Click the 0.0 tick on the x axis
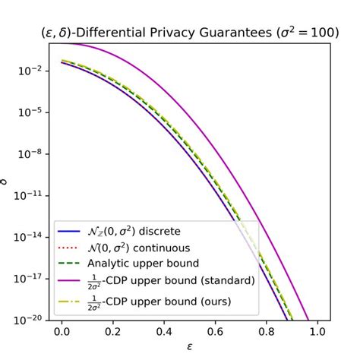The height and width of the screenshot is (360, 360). (x=62, y=332)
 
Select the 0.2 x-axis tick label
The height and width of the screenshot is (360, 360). (x=114, y=332)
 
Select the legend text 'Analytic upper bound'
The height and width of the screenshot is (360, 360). (x=140, y=264)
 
